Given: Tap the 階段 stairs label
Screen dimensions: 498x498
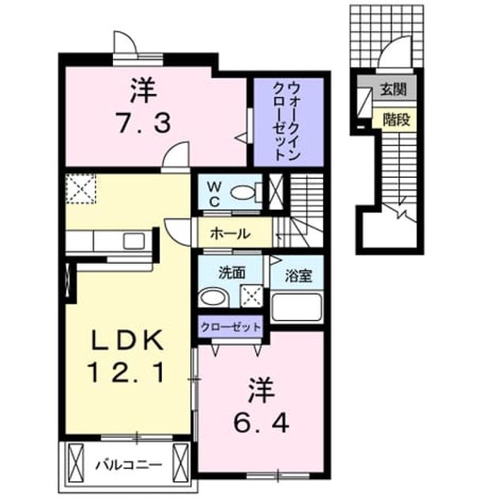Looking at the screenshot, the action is [396, 119].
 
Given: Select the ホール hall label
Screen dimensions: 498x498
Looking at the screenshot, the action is [230, 235].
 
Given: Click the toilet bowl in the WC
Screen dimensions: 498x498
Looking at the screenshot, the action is [243, 192].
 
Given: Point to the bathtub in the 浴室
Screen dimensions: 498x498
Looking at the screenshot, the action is [296, 307].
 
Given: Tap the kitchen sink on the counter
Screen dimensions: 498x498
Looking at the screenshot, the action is [134, 241].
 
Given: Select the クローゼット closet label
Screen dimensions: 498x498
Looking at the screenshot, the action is [231, 326].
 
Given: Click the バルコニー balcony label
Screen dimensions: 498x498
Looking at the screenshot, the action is [129, 466].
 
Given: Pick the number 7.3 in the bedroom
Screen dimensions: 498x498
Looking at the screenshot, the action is [145, 123].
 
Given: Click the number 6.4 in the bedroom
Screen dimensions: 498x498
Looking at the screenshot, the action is [261, 424].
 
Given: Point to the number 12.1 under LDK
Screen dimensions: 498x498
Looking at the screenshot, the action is [126, 372].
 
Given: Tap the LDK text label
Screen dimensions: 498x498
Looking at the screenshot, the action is [127, 340].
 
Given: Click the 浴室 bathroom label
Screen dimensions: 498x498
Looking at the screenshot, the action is [298, 276].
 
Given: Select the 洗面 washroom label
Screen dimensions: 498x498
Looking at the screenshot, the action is [232, 273].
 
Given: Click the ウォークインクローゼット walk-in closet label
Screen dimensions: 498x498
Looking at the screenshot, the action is [286, 122].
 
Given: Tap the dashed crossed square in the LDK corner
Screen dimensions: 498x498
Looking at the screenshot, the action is [81, 189].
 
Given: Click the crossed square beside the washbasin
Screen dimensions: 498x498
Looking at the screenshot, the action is [251, 296].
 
